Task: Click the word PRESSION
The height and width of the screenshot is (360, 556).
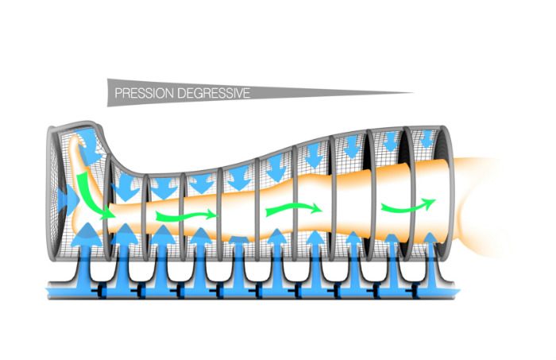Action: pyautogui.click(x=145, y=93)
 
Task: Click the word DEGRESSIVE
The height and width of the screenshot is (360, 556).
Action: pyautogui.click(x=214, y=93)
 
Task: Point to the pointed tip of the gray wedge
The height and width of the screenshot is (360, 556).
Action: pyautogui.click(x=414, y=93)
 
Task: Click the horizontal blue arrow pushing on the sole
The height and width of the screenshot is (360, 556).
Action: pyautogui.click(x=68, y=200)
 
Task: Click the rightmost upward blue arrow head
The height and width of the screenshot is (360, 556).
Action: pyautogui.click(x=431, y=238)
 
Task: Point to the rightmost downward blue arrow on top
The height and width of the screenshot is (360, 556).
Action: pyautogui.click(x=427, y=139)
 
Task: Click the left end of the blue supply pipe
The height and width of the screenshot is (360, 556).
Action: pyautogui.click(x=48, y=292)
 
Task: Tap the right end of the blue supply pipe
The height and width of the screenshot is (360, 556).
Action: pyautogui.click(x=458, y=292)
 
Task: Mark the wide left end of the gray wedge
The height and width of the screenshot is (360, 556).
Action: pyautogui.click(x=108, y=92)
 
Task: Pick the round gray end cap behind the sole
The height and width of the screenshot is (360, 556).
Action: pyautogui.click(x=53, y=193)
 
